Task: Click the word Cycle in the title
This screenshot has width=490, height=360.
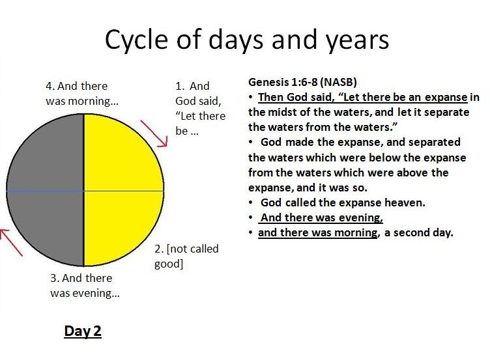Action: click(137, 40)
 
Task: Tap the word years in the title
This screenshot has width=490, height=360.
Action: click(357, 40)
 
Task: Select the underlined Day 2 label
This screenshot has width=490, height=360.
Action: click(83, 331)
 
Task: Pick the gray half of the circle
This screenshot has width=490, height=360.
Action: click(46, 190)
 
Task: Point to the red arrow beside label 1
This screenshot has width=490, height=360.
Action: click(154, 133)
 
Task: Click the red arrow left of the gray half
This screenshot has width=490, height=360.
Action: click(11, 243)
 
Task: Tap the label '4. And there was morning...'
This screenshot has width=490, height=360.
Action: click(82, 93)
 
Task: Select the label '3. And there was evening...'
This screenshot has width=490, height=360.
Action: click(85, 285)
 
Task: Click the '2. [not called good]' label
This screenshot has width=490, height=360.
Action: click(186, 256)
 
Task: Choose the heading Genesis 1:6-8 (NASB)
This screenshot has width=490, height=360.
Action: click(302, 82)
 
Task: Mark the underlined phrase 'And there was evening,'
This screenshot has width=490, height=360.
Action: click(322, 217)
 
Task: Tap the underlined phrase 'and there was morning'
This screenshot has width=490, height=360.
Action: click(318, 232)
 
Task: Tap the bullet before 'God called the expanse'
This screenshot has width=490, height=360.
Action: click(251, 203)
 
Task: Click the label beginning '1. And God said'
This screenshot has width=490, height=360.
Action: click(200, 108)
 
